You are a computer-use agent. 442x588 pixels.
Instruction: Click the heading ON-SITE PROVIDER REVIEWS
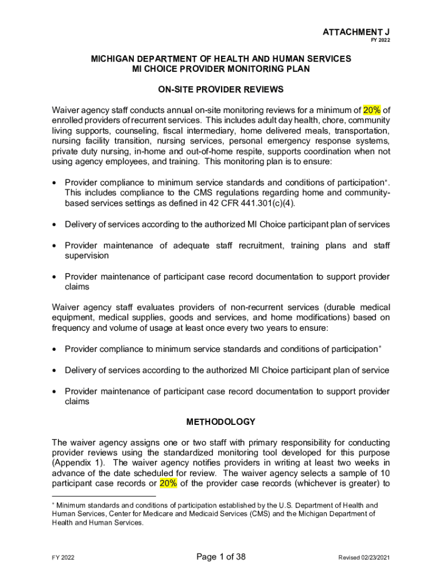(221, 90)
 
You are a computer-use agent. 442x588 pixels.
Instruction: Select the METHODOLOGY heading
(221, 422)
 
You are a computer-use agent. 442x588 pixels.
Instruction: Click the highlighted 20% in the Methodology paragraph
(168, 483)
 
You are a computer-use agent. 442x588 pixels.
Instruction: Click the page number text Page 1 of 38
(221, 556)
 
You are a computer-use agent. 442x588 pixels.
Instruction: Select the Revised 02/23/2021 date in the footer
(365, 558)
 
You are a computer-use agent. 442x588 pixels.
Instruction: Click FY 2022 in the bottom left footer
(63, 558)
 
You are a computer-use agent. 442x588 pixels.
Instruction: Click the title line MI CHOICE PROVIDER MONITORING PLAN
(221, 69)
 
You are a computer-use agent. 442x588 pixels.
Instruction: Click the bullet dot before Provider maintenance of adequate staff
(54, 246)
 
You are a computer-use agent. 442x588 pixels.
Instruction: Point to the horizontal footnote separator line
(103, 496)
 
